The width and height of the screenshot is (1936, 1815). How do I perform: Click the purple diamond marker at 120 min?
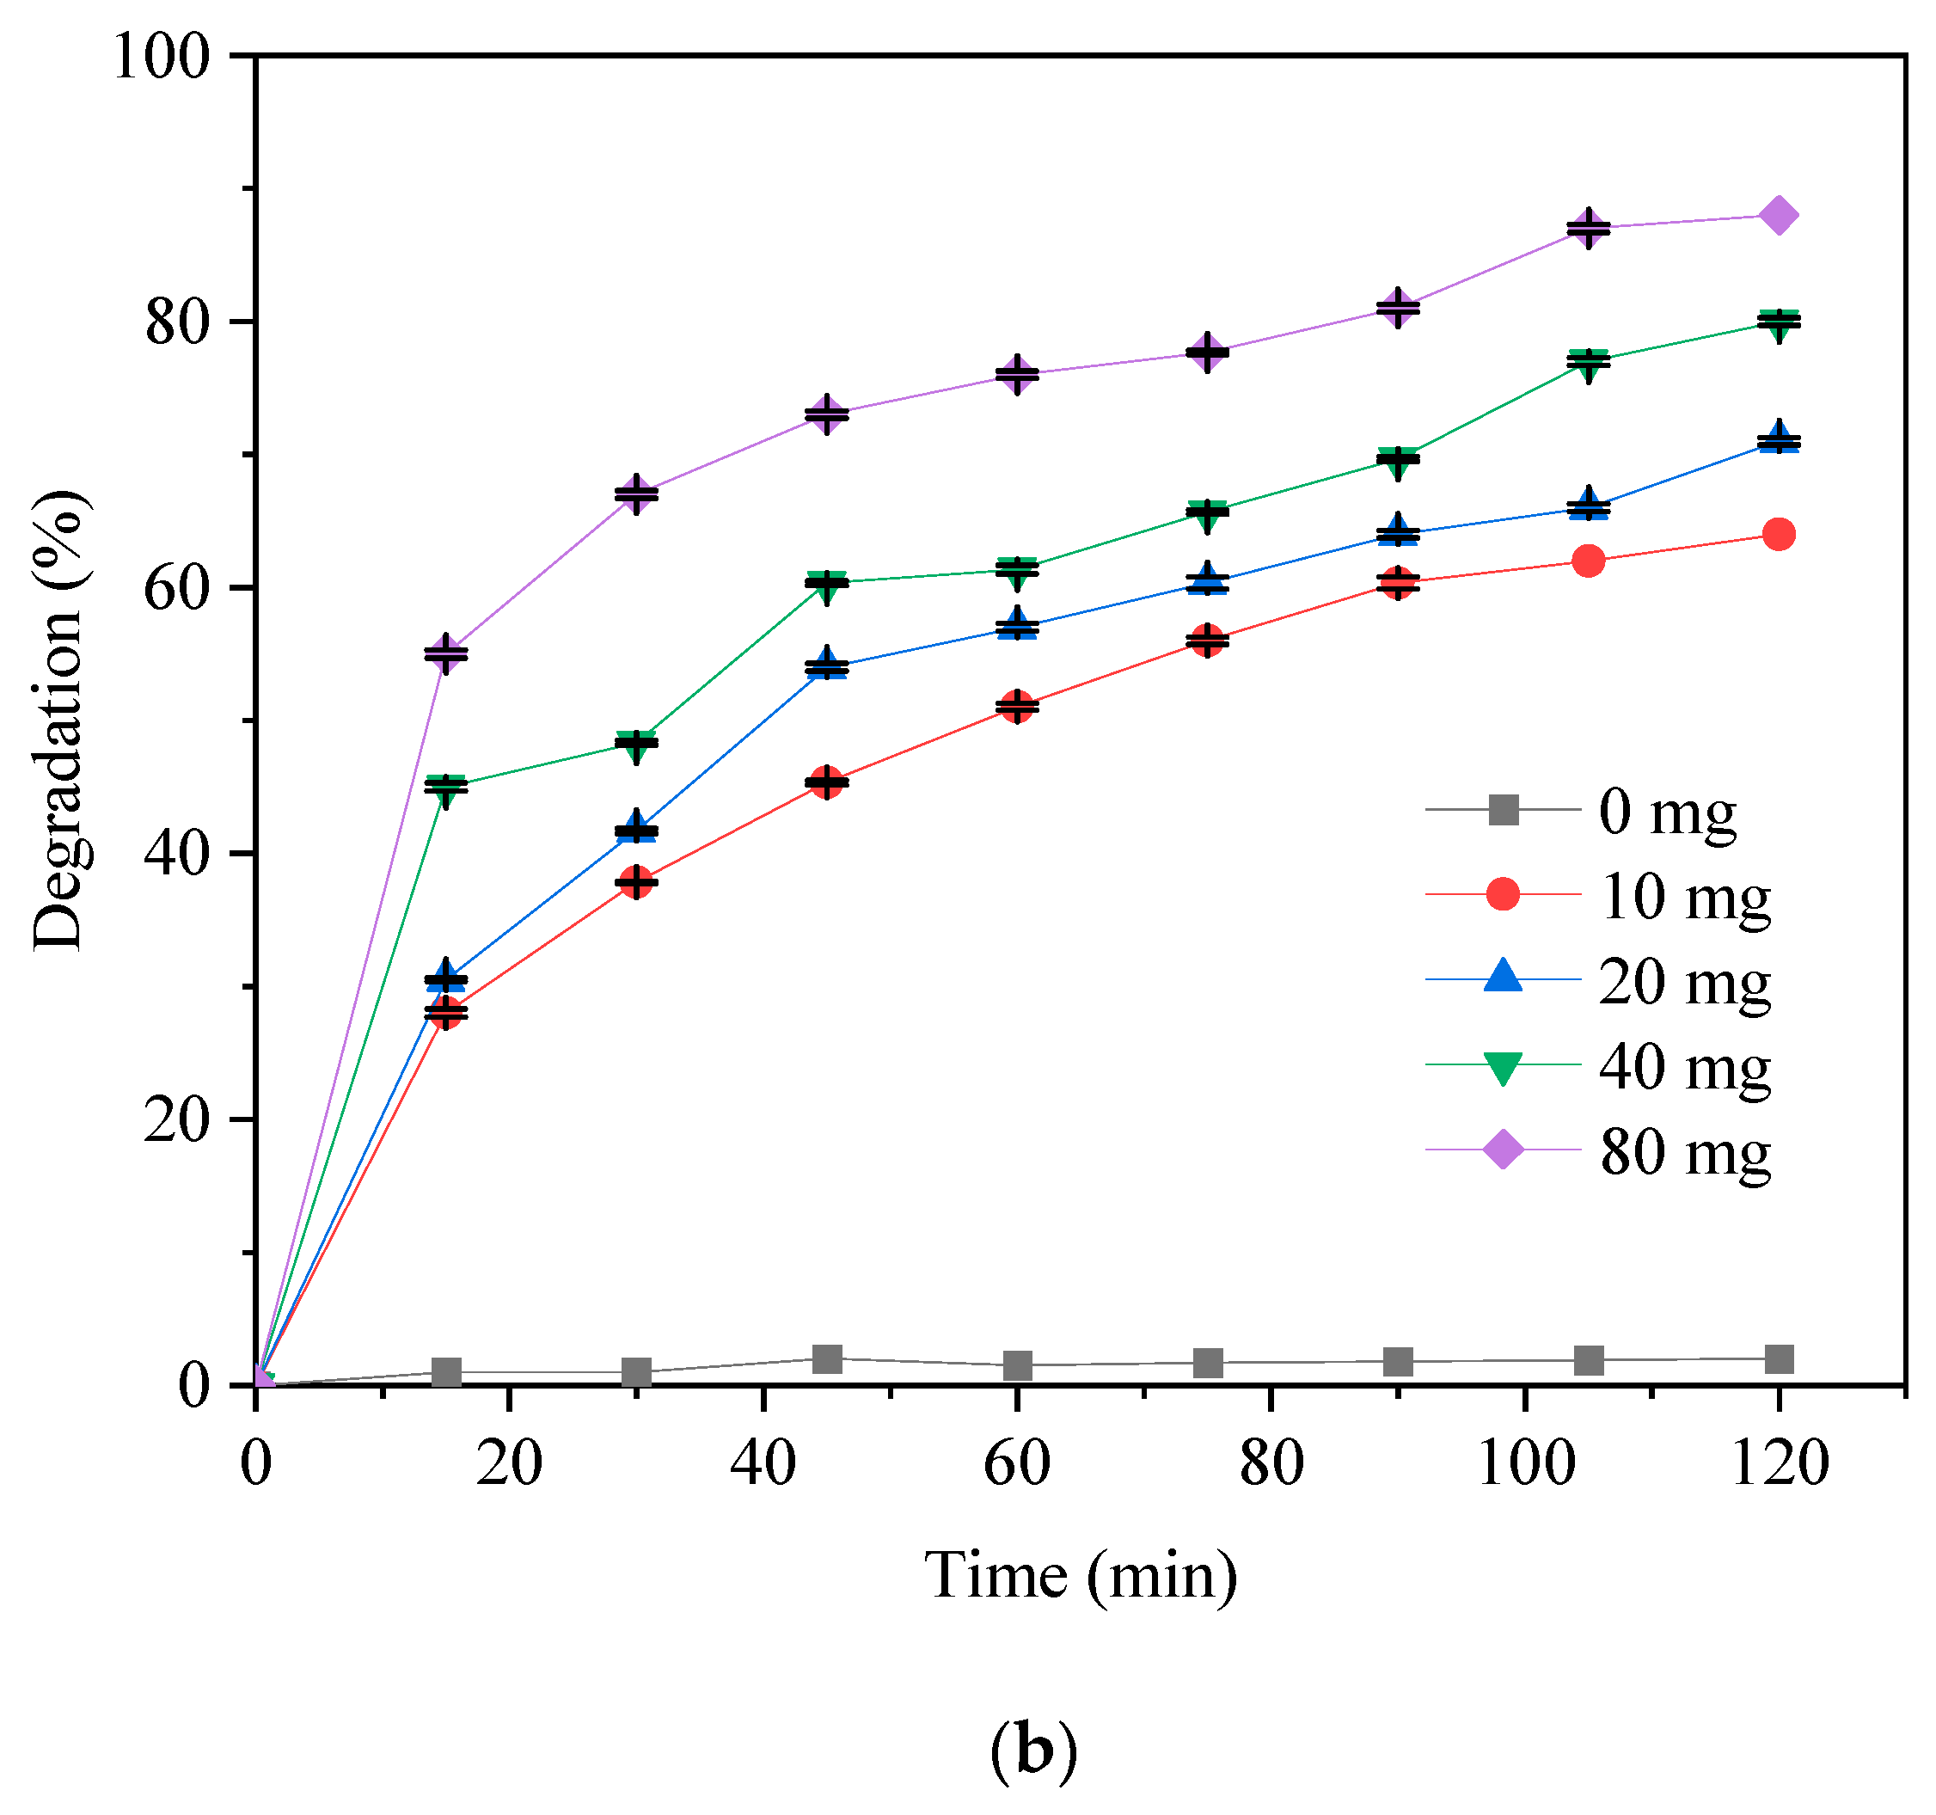1778,215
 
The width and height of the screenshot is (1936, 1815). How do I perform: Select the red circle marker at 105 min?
1589,561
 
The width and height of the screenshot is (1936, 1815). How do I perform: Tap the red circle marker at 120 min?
1778,535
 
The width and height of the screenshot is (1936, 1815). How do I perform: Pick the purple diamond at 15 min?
446,653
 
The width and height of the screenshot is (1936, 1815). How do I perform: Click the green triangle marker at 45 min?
826,585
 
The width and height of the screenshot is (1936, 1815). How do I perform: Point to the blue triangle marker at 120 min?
1778,439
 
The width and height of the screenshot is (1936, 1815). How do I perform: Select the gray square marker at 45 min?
826,1358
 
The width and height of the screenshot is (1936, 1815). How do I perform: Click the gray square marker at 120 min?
1778,1359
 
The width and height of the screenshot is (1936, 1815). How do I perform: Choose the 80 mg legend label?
1685,1152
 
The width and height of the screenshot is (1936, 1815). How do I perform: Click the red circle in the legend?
1503,894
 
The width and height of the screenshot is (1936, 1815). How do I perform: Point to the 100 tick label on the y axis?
162,57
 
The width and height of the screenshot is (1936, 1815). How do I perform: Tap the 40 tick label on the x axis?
763,1463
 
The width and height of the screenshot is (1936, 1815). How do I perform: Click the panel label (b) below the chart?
1033,1751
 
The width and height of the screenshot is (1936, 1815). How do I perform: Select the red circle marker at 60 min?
1016,707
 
